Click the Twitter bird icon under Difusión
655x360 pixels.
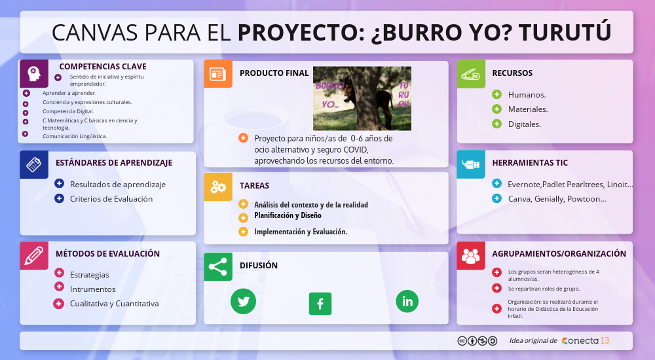244,301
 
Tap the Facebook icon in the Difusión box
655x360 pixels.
320,304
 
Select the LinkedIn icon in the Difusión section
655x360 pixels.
407,301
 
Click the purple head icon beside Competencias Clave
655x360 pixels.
34,73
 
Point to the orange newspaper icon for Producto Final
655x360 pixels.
217,74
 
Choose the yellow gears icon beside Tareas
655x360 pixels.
218,187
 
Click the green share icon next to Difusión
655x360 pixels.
217,266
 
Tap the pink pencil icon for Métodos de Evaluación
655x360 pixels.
34,255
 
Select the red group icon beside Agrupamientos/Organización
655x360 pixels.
470,255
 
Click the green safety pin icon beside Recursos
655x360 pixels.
470,74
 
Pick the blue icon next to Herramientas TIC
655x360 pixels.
470,164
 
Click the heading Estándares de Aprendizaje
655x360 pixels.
114,163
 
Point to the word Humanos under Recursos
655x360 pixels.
527,95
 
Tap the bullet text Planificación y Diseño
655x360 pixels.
288,215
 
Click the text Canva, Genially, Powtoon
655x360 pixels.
557,199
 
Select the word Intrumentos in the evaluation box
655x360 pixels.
92,289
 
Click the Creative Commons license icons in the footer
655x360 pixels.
477,341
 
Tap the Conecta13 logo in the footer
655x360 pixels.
585,341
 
